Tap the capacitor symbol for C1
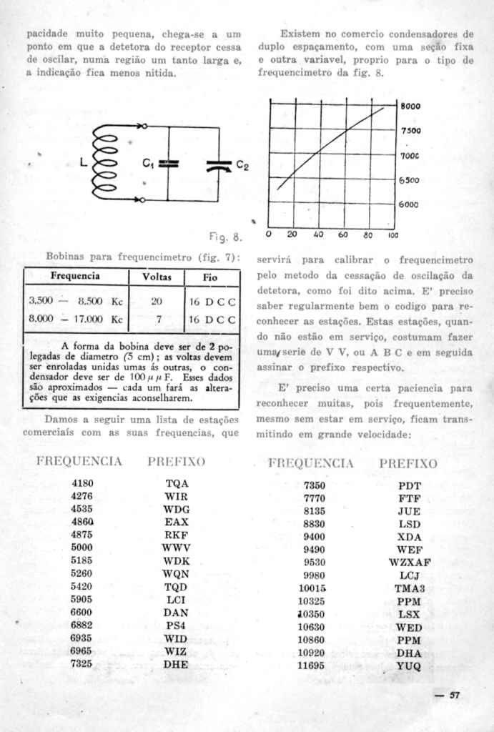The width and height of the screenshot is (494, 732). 168,164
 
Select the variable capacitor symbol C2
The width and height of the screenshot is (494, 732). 218,166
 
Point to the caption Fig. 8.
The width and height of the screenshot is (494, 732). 227,235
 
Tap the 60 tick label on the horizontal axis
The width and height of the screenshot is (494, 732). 343,234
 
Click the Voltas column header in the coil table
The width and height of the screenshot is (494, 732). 157,276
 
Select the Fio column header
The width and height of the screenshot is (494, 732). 210,276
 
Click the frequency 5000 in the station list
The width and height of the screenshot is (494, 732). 82,548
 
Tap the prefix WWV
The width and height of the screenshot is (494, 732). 176,548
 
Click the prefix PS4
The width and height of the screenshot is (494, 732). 176,625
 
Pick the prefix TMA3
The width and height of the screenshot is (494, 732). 410,588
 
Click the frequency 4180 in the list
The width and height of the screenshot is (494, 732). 82,483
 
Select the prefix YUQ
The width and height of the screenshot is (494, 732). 410,666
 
